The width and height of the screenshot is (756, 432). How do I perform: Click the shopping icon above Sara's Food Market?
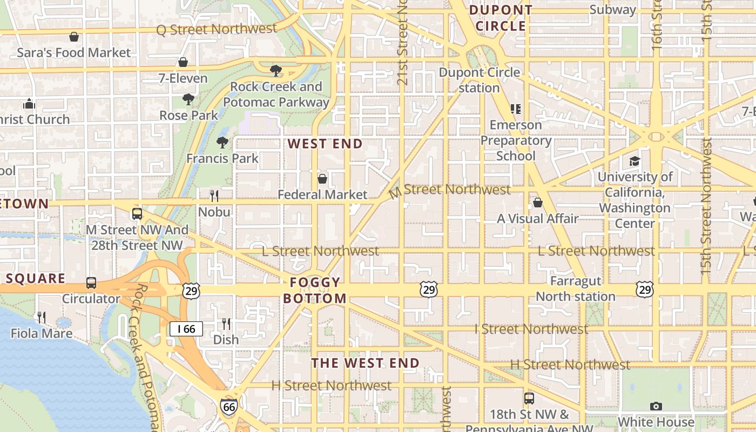point(74,37)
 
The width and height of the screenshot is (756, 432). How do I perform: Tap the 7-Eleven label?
point(183,78)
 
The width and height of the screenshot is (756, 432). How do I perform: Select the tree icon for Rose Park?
point(188,99)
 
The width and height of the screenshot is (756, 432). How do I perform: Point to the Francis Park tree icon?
point(222,143)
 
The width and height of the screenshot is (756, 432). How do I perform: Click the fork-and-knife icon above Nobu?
point(214,195)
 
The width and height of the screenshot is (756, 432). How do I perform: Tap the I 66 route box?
point(186,328)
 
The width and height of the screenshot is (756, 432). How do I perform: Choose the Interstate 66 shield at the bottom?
point(228,407)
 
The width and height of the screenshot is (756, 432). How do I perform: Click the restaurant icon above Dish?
point(226,323)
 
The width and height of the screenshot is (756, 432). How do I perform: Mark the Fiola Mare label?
point(42,333)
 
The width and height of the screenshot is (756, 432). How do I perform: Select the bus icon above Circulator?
point(91,282)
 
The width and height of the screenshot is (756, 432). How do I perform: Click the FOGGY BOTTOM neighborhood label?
point(315,290)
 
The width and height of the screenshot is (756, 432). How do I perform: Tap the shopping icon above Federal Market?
point(322,179)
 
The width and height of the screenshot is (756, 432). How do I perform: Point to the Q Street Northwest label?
point(217,29)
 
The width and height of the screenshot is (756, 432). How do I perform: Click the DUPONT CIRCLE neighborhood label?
point(501,18)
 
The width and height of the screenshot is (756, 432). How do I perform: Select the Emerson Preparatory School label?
point(516,140)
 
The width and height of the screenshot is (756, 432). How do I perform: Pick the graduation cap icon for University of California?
point(634,161)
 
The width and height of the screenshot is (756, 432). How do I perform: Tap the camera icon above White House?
point(656,406)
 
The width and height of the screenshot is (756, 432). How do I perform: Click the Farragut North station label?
point(576,289)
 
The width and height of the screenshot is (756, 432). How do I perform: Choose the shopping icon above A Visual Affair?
point(538,202)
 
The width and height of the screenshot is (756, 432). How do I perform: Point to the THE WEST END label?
point(366,363)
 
